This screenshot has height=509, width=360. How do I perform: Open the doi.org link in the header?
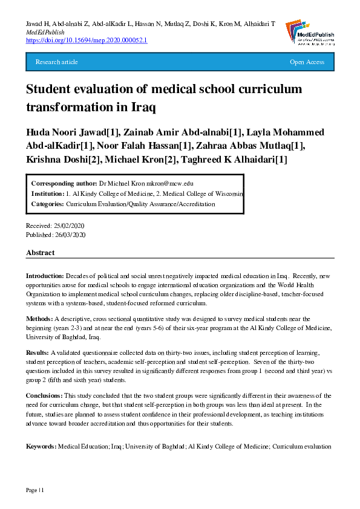click(87, 40)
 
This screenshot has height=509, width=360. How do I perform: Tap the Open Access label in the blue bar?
click(307, 62)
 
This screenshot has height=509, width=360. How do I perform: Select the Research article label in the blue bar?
click(57, 62)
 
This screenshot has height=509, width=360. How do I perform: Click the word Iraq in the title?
click(142, 108)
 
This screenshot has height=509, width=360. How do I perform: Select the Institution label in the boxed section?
click(48, 194)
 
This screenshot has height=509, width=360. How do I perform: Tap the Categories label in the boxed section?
click(47, 204)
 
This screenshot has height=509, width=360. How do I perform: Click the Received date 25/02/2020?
click(69, 225)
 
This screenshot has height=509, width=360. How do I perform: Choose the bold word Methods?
click(39, 318)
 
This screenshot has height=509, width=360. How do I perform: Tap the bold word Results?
click(38, 352)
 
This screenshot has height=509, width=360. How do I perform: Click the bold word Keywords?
click(41, 446)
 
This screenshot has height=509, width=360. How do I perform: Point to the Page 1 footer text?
click(34, 488)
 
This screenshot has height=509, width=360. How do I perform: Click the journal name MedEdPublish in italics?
click(45, 31)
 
